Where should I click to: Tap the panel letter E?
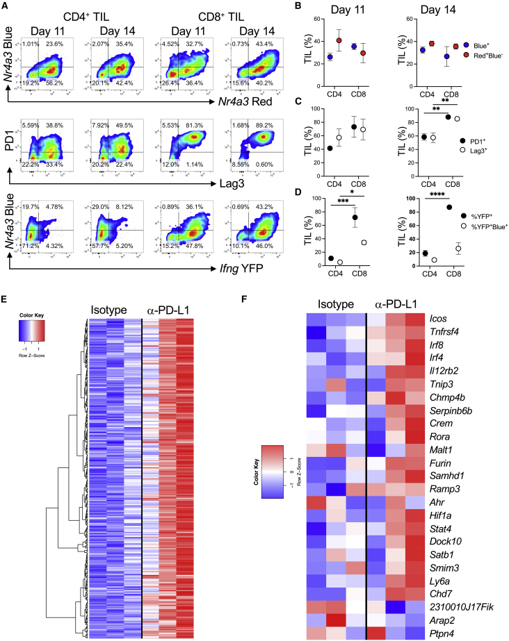pos(6,282)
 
